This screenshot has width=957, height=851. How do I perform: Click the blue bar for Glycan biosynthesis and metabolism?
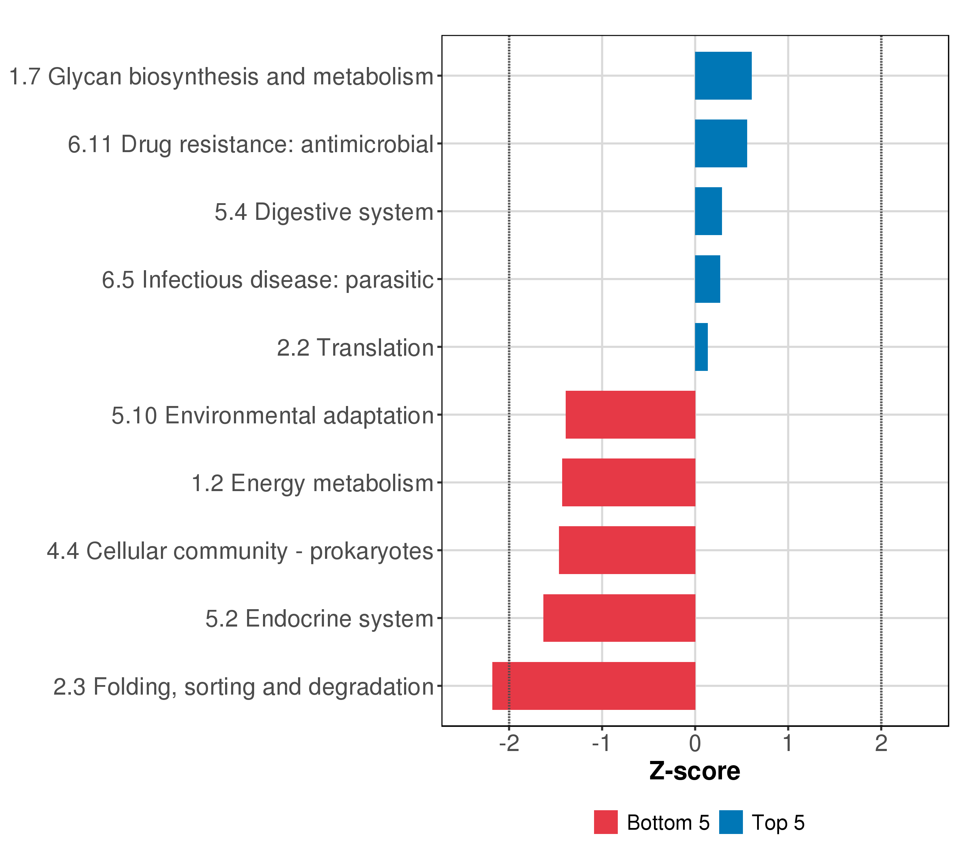pos(723,76)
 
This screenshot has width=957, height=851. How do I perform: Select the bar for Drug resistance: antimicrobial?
pos(721,143)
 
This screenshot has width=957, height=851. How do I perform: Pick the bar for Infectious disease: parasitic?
pos(707,279)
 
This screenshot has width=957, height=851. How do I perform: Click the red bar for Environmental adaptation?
pos(630,415)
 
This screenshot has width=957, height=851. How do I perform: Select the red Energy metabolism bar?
pos(628,482)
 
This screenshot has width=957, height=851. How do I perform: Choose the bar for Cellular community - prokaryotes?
pos(627,550)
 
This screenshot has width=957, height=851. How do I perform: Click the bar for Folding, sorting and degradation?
pos(594,686)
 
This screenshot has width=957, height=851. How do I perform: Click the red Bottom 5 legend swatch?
pos(606,822)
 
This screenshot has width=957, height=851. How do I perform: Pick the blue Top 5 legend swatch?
pos(731,822)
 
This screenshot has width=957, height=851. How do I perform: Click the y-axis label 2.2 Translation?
pos(355,348)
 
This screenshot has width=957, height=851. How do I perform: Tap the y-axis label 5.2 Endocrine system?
pos(319,619)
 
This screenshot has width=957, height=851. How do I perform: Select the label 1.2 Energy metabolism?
pos(312,483)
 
